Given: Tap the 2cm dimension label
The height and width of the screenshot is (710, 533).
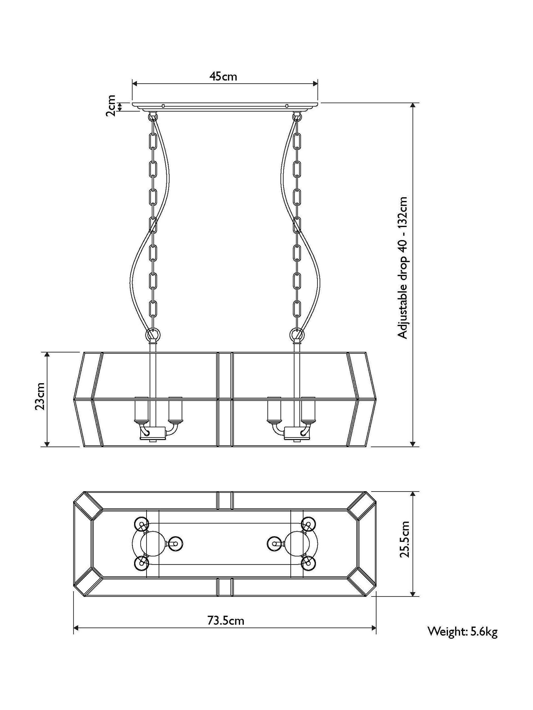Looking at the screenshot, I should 111,106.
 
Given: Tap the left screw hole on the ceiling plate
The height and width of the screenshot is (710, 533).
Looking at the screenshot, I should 163,106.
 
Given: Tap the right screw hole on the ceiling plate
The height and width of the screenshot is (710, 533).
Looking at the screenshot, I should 287,106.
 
